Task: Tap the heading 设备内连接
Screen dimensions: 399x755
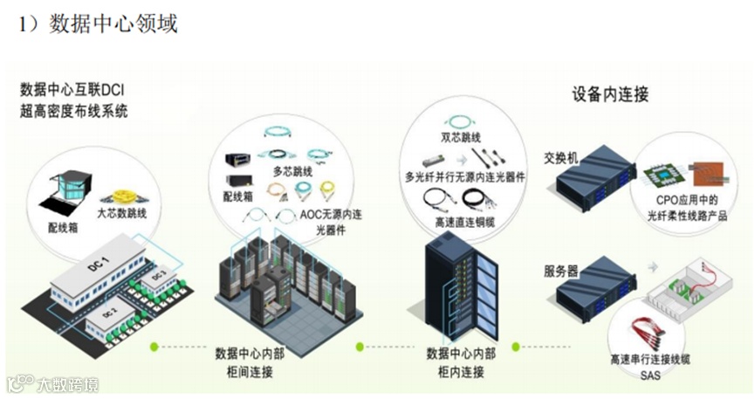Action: tap(610, 95)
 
